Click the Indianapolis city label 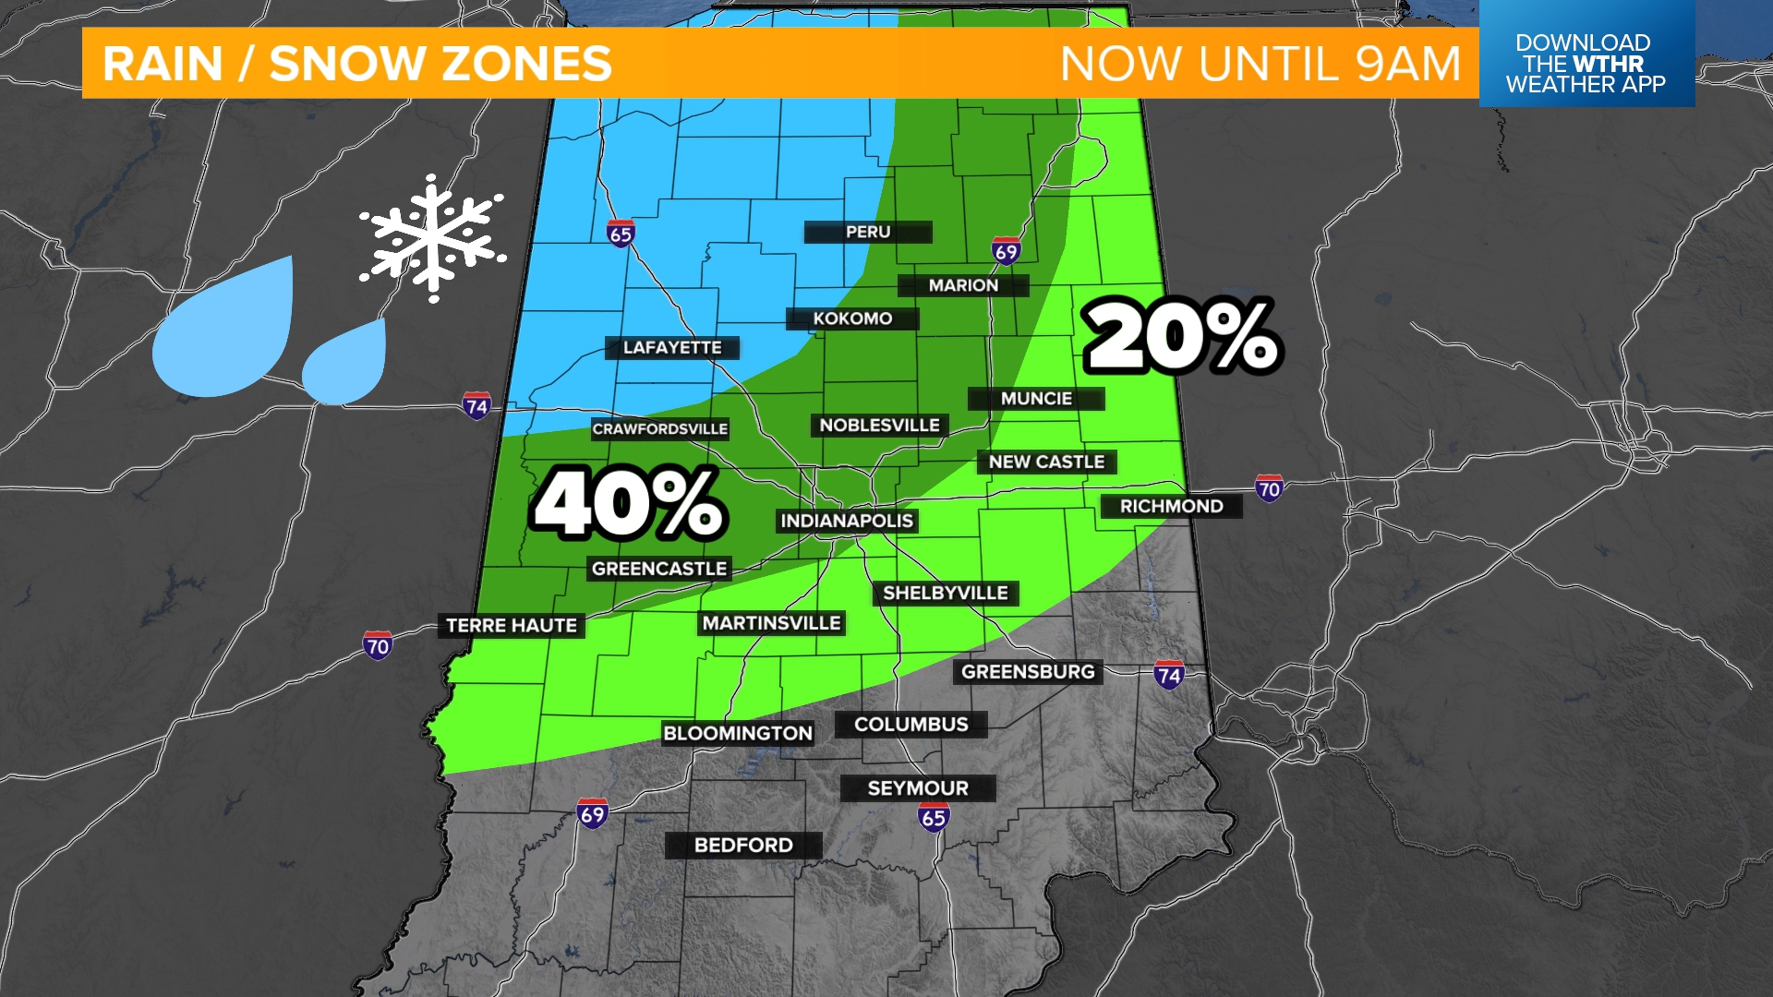[x=847, y=521]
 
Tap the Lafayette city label [x=672, y=348]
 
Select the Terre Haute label [x=512, y=626]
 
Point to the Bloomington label [x=738, y=734]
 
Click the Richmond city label [x=1171, y=507]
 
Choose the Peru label [x=868, y=233]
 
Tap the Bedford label [x=743, y=846]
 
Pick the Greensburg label [x=1028, y=672]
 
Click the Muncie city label [x=1036, y=399]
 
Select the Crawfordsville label [x=660, y=429]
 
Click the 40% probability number [x=630, y=504]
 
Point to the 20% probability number [x=1183, y=336]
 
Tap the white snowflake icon [x=432, y=238]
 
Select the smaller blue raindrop [x=346, y=363]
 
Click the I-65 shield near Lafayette [x=621, y=234]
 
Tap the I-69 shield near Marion [x=1006, y=251]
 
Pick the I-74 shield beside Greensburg [x=1169, y=675]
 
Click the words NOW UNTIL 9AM [x=1260, y=64]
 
